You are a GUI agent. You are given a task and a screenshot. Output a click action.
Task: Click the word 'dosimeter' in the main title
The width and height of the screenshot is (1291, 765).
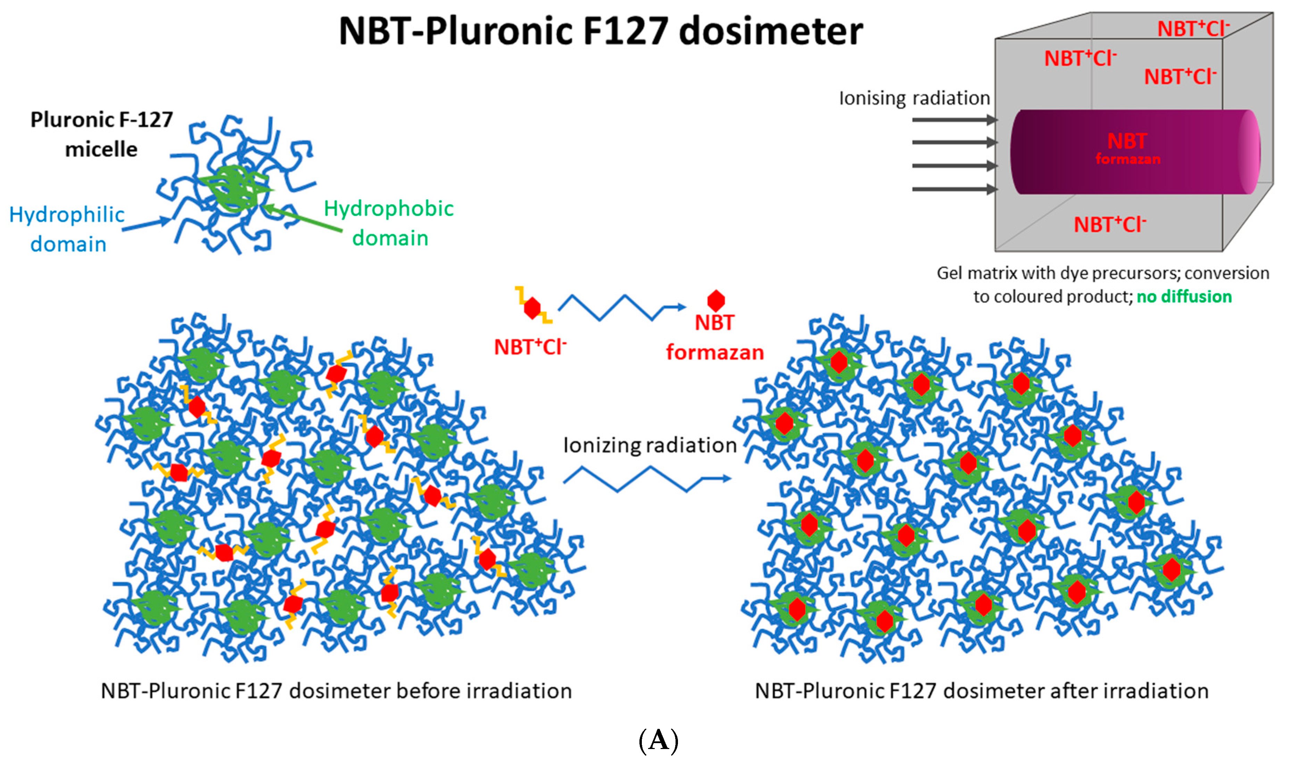(x=770, y=32)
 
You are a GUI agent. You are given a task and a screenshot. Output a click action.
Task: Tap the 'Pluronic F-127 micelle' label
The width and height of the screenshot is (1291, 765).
(x=101, y=134)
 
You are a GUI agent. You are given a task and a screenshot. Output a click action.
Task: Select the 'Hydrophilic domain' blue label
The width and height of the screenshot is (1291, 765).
(x=67, y=229)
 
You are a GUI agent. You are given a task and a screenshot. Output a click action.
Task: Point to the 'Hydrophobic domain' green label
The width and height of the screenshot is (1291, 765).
(x=389, y=223)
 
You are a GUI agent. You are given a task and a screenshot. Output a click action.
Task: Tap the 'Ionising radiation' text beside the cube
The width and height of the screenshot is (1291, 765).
(x=914, y=98)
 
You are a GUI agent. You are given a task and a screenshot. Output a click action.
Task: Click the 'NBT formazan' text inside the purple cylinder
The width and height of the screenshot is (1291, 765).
(x=1128, y=148)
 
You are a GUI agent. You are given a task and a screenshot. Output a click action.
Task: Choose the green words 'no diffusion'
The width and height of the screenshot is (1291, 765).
(x=1184, y=297)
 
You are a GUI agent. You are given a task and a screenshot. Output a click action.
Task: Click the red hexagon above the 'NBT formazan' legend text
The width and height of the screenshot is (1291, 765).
(x=716, y=301)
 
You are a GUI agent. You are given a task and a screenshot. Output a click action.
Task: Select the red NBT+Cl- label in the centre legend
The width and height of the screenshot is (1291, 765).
(x=530, y=347)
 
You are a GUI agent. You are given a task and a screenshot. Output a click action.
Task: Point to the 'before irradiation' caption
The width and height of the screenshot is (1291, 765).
(x=336, y=691)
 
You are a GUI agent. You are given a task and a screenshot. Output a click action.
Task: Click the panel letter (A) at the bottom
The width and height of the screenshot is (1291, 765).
(x=658, y=741)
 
